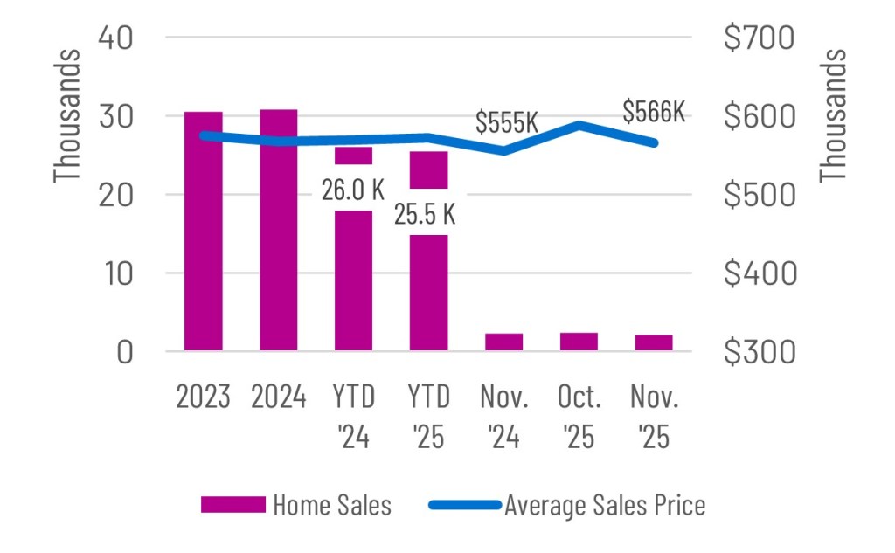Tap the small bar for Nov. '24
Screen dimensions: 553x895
click(x=503, y=342)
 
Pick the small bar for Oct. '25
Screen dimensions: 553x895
click(x=579, y=342)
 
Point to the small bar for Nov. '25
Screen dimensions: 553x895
click(x=654, y=342)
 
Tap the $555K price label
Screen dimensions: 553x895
click(x=507, y=122)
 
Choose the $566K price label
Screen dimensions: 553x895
click(x=654, y=112)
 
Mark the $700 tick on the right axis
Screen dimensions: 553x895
click(x=758, y=38)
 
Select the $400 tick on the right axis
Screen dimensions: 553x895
click(x=758, y=273)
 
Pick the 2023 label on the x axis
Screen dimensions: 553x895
click(x=203, y=398)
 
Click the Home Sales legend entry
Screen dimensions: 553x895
click(x=296, y=505)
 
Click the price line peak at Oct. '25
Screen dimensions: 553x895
click(x=579, y=125)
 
